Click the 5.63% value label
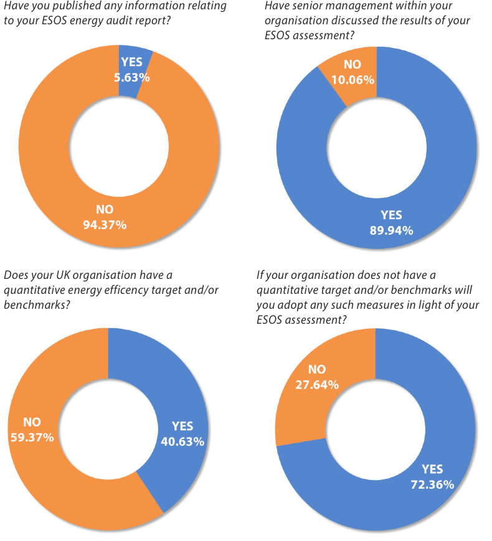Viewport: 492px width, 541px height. [x=131, y=78]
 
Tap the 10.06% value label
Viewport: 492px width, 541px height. [x=353, y=79]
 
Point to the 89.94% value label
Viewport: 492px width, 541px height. [x=392, y=230]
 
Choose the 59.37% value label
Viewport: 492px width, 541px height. [x=32, y=437]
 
